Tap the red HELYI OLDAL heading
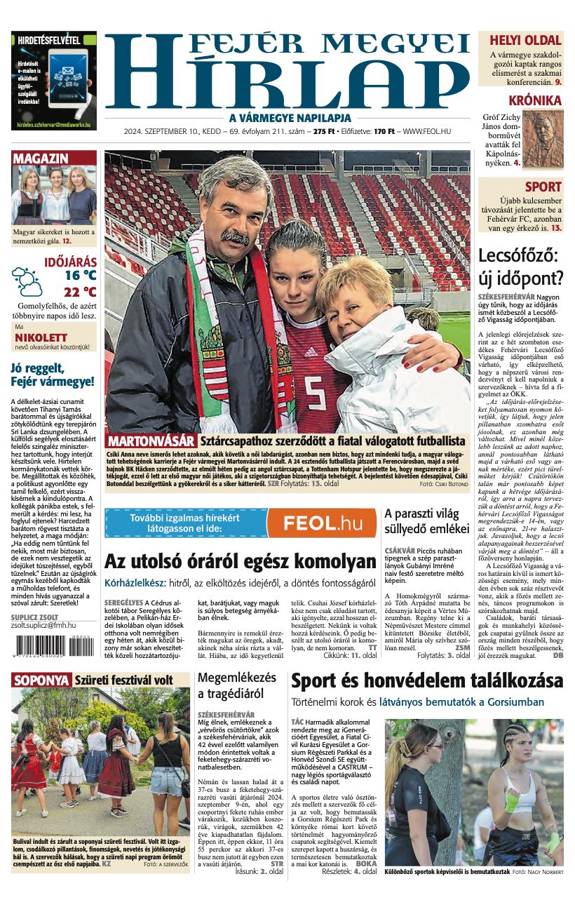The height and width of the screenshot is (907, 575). point(525,41)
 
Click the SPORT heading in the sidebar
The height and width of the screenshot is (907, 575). point(543,187)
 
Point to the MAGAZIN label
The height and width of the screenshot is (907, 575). point(41,159)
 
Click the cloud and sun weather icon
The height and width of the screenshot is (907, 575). point(27,281)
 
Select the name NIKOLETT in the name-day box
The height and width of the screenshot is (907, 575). point(41,337)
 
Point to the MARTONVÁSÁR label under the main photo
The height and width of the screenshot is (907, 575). point(150,441)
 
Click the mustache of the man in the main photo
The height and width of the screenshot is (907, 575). point(235,238)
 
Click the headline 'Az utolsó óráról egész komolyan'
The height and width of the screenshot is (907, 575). point(241,561)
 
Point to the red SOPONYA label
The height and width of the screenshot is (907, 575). point(41,680)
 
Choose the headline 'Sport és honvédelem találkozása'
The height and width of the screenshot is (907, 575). point(426,680)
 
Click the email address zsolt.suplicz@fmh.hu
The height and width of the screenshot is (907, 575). point(43,624)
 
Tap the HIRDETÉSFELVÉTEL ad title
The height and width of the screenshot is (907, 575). point(48,40)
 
